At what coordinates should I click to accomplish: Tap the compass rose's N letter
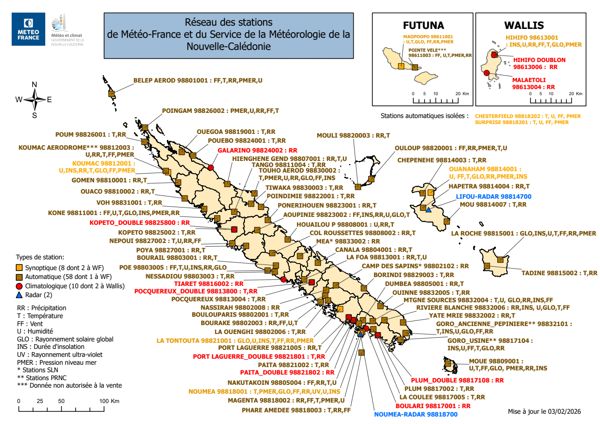tap(34, 84)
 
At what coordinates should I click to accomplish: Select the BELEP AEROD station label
tap(198, 80)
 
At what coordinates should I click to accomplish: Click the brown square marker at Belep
tap(112, 94)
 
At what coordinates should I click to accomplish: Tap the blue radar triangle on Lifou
tap(428, 210)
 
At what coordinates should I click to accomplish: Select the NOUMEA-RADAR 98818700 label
tap(416, 414)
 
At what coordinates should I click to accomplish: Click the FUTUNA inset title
tap(423, 25)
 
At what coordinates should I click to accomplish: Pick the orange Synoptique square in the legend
tap(19, 268)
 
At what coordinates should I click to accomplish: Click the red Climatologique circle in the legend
tap(19, 286)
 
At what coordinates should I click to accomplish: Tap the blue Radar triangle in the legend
tap(19, 295)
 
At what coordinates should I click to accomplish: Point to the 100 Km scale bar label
tap(109, 401)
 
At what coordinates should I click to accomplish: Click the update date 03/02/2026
tap(565, 411)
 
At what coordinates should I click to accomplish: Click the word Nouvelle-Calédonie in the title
tap(228, 46)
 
